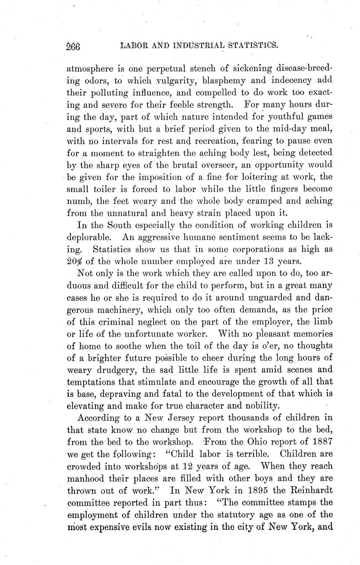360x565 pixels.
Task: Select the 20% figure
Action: point(75,261)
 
